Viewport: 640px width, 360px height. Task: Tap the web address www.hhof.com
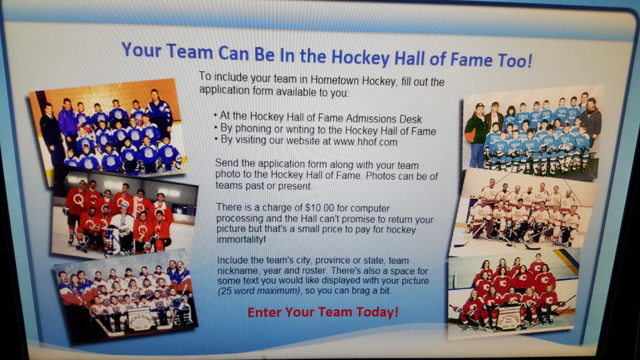[x=365, y=142]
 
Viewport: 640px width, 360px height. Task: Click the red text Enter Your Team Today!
[x=323, y=312]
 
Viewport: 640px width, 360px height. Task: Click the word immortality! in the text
[x=241, y=239]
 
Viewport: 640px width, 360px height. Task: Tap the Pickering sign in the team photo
[x=141, y=318]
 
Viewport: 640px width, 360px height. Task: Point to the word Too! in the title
[x=515, y=61]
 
